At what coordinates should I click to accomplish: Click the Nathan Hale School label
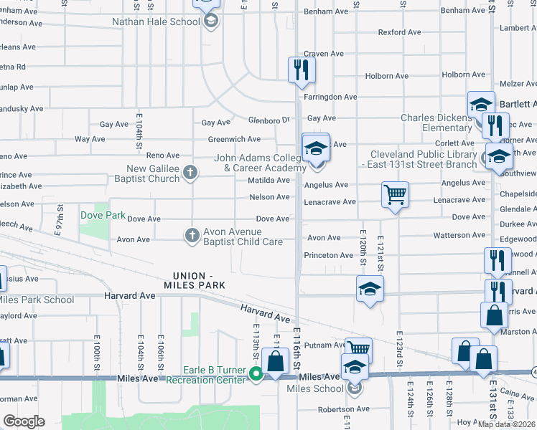(x=156, y=21)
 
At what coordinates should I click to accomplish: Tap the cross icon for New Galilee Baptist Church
(x=190, y=172)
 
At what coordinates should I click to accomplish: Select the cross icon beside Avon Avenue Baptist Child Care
(x=192, y=234)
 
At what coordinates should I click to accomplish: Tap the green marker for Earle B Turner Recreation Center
(x=254, y=373)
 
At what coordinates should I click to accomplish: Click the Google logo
(x=23, y=421)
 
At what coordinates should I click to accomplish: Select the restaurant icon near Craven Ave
(x=302, y=70)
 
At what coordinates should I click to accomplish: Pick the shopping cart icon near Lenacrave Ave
(x=395, y=194)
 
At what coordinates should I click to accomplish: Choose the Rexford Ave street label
(x=400, y=32)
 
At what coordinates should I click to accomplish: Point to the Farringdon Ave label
(x=330, y=97)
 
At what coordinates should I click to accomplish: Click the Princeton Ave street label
(x=329, y=255)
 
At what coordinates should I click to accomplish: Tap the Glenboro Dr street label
(x=269, y=120)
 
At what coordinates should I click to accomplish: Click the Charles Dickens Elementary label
(x=436, y=123)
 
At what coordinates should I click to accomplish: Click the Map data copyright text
(x=505, y=424)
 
